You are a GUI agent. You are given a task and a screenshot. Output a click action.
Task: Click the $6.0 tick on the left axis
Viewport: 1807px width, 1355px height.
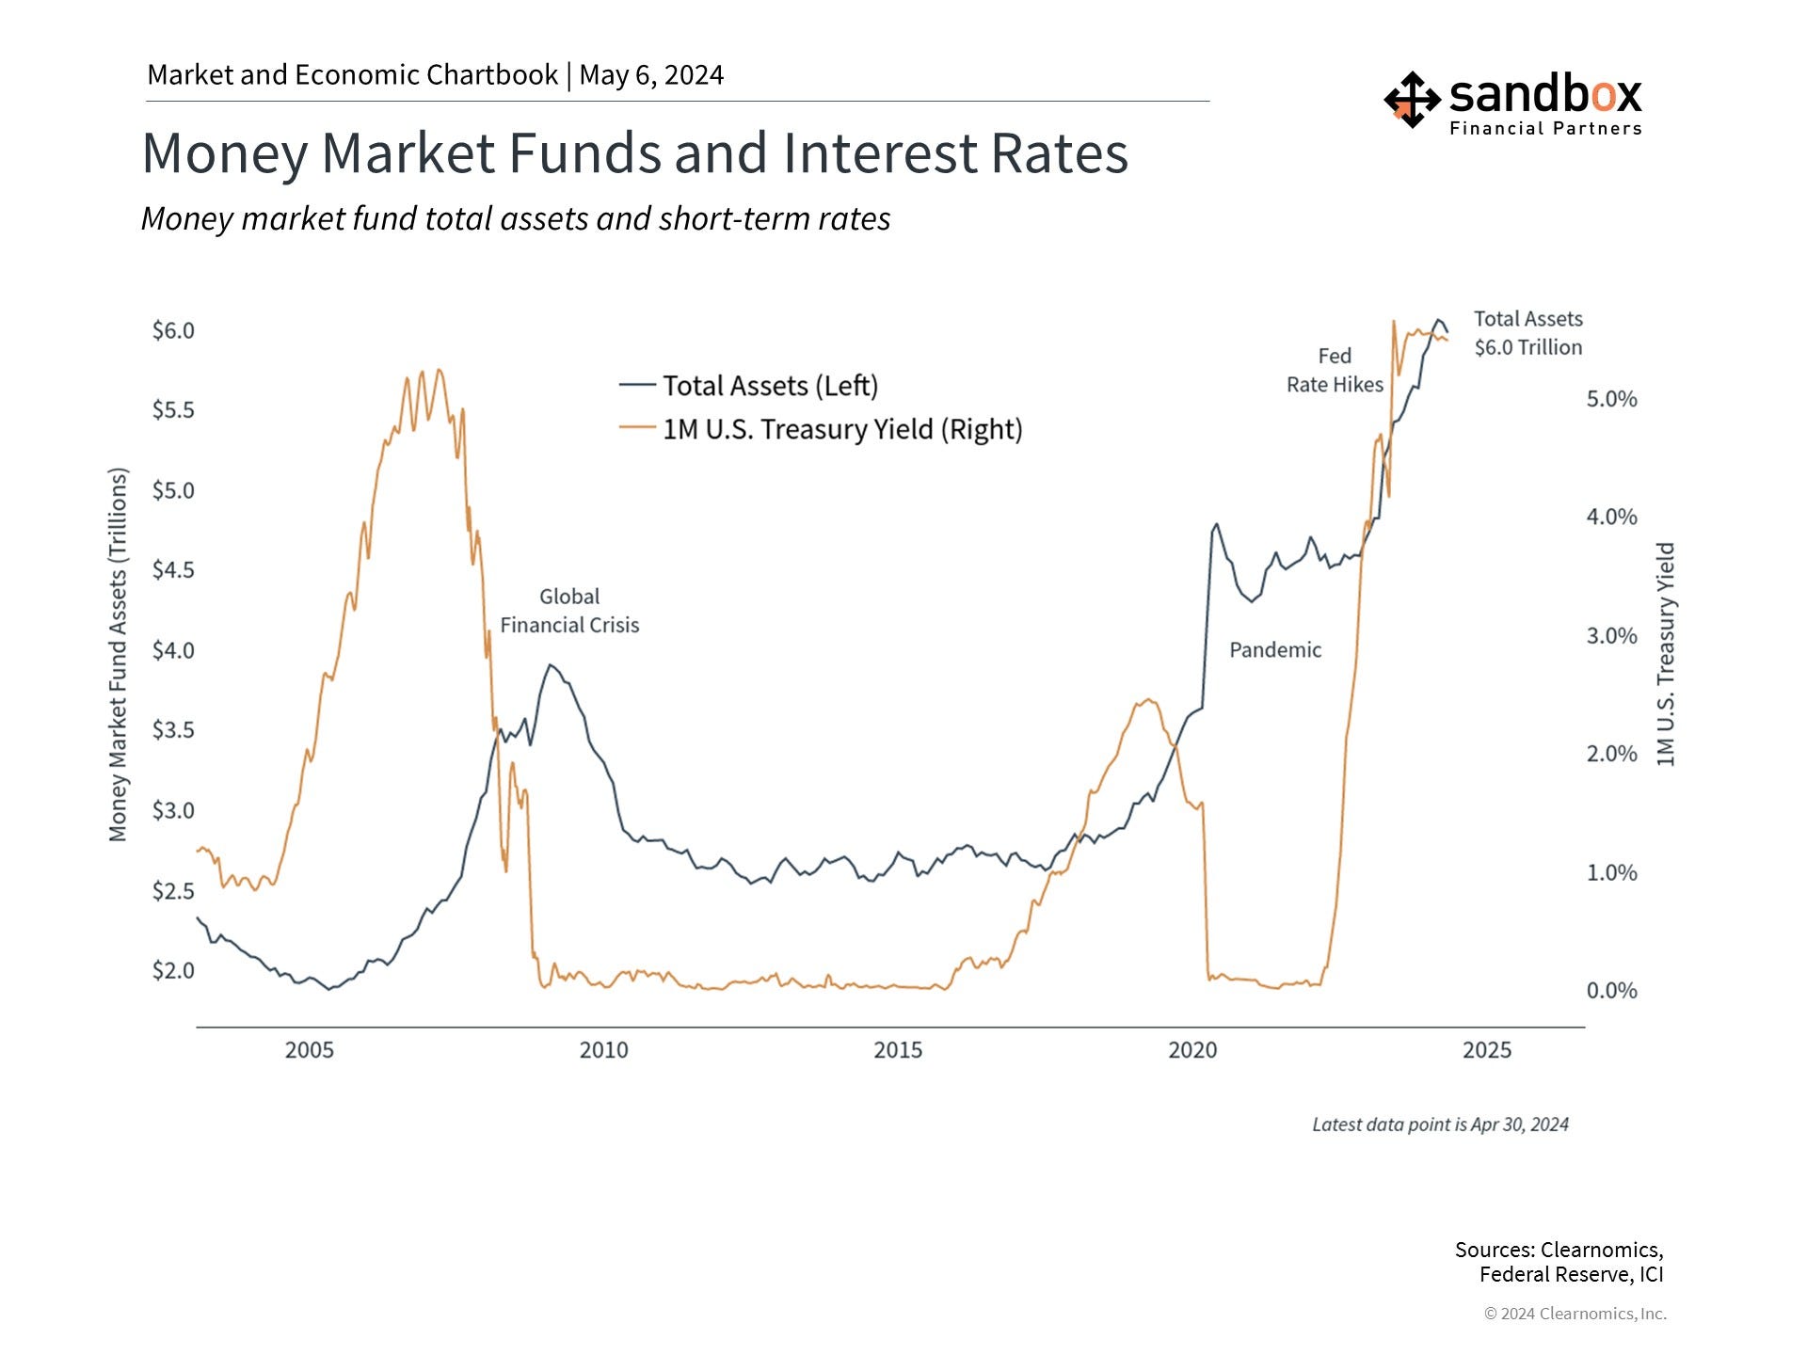click(173, 330)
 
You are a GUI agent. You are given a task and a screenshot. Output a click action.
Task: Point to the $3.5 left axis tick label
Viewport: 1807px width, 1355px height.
click(173, 730)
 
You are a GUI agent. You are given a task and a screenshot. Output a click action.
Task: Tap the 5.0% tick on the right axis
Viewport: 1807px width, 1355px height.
click(1611, 399)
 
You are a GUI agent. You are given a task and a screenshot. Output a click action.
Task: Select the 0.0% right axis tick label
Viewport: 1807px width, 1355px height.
click(1611, 990)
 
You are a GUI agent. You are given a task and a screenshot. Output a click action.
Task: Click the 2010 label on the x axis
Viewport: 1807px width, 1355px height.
click(603, 1050)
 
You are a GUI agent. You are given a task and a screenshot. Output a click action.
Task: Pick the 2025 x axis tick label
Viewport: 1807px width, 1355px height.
click(1486, 1050)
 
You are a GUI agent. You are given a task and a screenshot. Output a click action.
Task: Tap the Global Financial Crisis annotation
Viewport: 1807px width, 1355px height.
click(569, 611)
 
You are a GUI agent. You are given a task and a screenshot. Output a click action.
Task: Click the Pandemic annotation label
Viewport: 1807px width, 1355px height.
click(1275, 650)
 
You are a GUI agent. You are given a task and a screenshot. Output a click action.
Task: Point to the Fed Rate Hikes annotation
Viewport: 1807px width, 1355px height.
click(1335, 370)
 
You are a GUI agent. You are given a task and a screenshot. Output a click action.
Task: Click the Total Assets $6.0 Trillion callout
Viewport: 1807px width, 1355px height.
click(1527, 333)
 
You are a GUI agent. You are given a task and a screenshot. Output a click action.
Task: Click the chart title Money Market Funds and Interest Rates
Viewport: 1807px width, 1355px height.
click(634, 152)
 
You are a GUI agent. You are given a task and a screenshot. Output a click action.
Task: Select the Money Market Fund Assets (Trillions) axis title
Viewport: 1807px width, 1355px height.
click(118, 654)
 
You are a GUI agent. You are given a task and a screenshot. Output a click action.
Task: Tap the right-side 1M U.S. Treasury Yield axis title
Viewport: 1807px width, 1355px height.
click(1665, 654)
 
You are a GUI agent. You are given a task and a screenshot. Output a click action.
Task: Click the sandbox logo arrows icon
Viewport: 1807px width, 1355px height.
click(1411, 99)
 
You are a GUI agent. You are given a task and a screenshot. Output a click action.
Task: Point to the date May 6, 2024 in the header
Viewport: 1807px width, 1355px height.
click(651, 75)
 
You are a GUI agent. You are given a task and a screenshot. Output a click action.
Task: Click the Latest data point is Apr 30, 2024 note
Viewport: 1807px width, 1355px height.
click(1440, 1124)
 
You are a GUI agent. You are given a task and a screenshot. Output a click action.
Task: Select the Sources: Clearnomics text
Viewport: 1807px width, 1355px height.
click(1559, 1250)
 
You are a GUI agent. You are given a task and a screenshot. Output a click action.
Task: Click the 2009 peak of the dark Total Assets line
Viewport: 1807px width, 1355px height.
click(552, 665)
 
